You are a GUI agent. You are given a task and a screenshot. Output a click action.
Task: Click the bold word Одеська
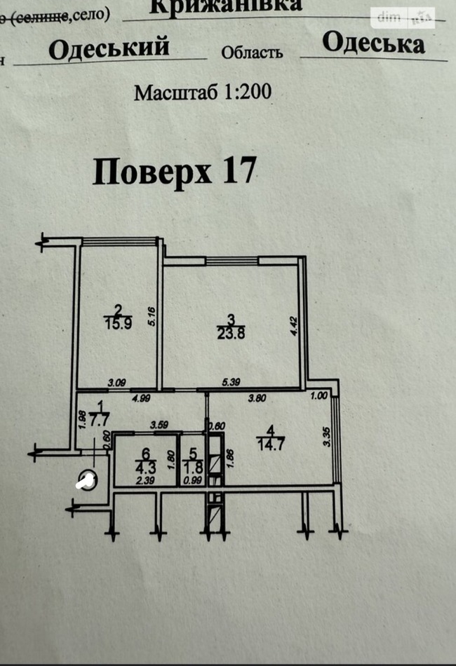pyautogui.click(x=373, y=43)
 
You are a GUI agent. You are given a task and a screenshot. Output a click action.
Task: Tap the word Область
pyautogui.click(x=252, y=53)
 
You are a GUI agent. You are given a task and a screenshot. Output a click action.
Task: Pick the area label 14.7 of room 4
pyautogui.click(x=273, y=443)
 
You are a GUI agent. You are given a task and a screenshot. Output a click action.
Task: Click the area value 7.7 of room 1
pyautogui.click(x=98, y=423)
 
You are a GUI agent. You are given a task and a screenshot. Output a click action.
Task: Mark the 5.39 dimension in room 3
pyautogui.click(x=232, y=382)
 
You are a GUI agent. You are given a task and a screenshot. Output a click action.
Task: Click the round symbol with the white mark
pyautogui.click(x=86, y=482)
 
